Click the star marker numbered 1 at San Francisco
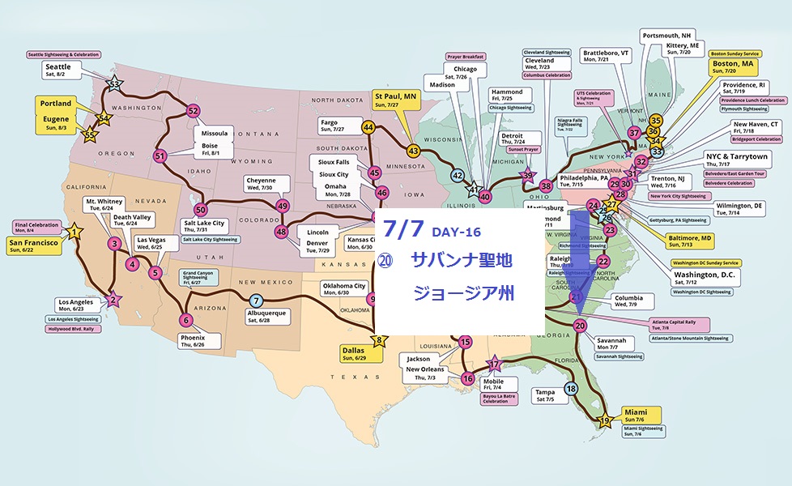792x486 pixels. tap(75, 232)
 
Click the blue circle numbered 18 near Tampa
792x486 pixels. tap(572, 389)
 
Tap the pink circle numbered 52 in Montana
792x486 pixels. tap(193, 110)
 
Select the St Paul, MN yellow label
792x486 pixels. tap(394, 100)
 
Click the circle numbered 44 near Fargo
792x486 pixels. tap(368, 127)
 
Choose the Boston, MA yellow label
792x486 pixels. tap(733, 66)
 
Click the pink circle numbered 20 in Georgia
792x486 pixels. tap(579, 326)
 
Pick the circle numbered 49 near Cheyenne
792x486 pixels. tap(283, 206)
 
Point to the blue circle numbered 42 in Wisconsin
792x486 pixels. tap(458, 176)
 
